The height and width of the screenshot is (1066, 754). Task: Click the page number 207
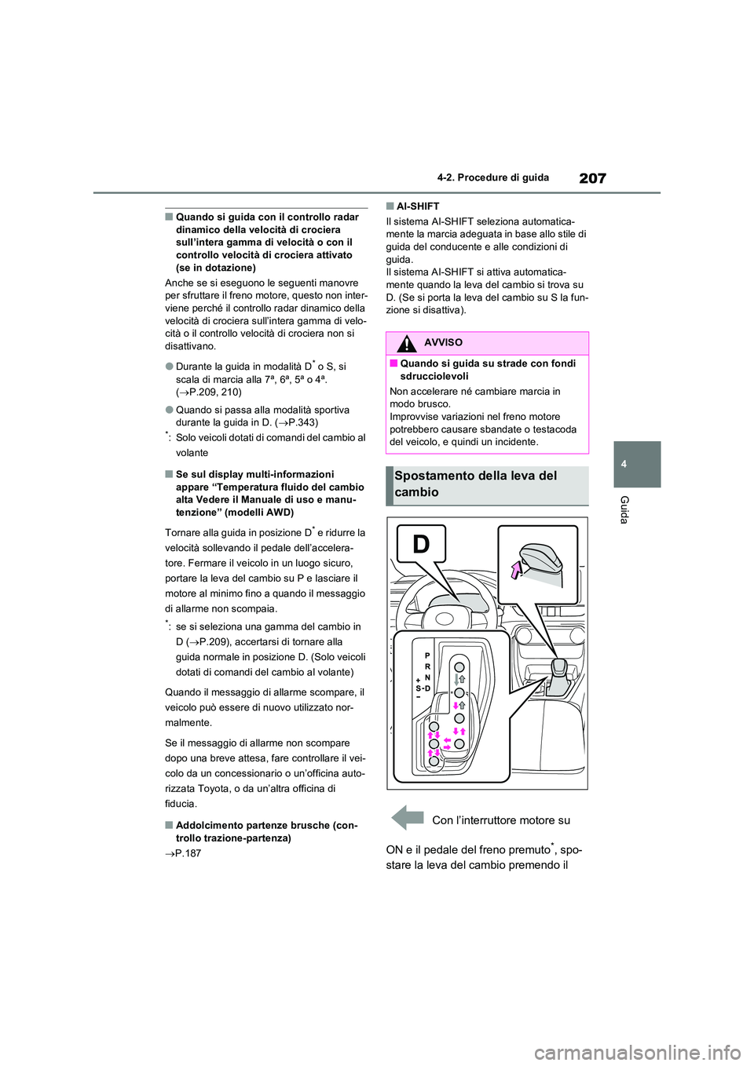pos(592,178)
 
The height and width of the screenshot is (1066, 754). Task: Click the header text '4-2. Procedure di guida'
pos(503,177)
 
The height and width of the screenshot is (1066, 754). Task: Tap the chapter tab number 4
pos(624,464)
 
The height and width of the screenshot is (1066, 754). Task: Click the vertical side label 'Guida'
pos(624,510)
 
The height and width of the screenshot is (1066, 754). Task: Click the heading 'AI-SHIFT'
pos(417,206)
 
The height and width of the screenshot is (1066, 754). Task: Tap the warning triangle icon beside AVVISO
pos(406,343)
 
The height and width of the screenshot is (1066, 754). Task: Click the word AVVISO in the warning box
pos(443,343)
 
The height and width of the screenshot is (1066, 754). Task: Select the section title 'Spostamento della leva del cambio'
pos(476,484)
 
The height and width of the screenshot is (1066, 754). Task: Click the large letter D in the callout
pos(422,543)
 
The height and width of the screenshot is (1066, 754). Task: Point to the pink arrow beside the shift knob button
pos(516,568)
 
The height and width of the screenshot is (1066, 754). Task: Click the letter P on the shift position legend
pos(427,655)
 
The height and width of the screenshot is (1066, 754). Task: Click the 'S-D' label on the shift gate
pos(423,688)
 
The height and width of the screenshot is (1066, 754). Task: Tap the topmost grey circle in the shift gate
pos(459,668)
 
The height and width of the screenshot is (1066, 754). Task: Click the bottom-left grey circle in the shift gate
pos(433,761)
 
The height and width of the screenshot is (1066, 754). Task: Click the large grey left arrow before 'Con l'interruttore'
pos(408,817)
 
